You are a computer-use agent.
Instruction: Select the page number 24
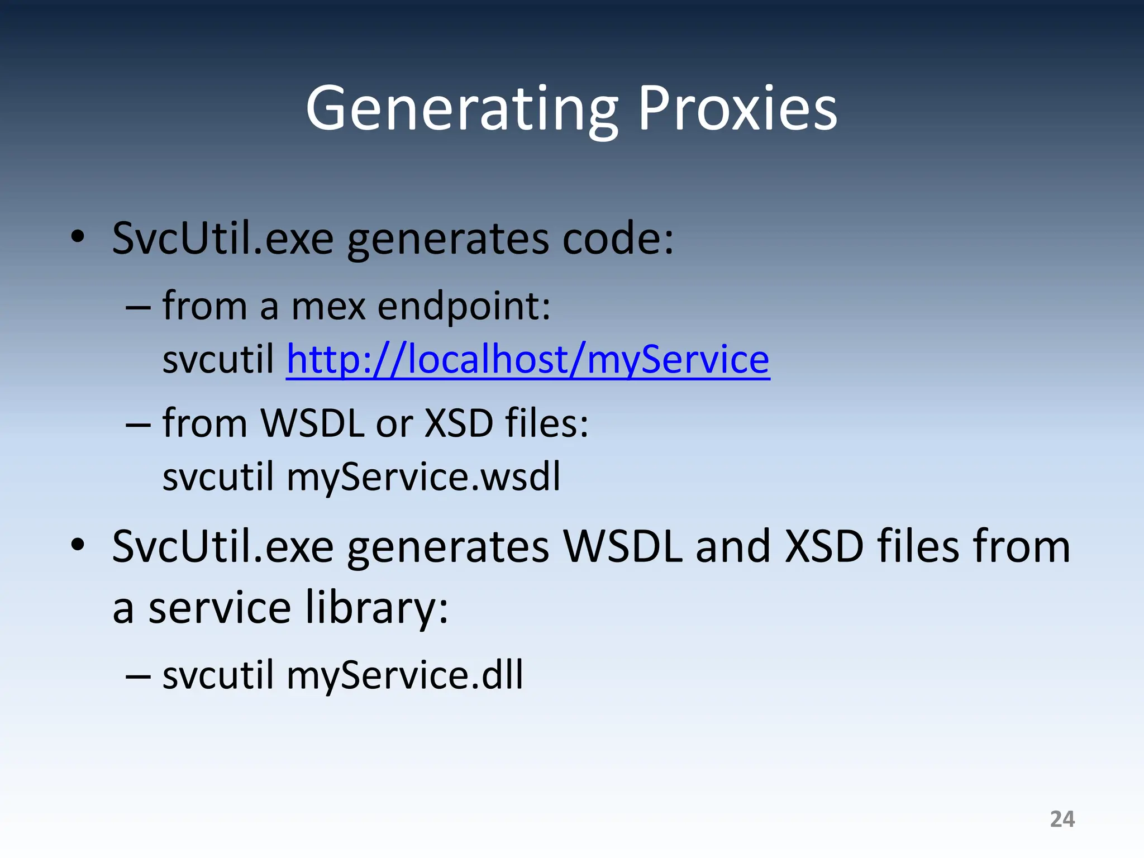pos(1062,819)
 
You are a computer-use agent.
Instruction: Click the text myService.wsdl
pos(423,478)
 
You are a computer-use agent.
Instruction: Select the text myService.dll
pos(404,675)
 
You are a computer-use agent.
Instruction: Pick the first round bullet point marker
pos(78,237)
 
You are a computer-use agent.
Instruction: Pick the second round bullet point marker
pos(78,544)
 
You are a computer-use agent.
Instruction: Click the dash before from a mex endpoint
pos(138,308)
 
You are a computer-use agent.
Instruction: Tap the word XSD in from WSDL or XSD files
pos(459,423)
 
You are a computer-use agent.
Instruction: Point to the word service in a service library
pos(220,608)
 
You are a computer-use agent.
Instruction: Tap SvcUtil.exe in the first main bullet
pos(223,239)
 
